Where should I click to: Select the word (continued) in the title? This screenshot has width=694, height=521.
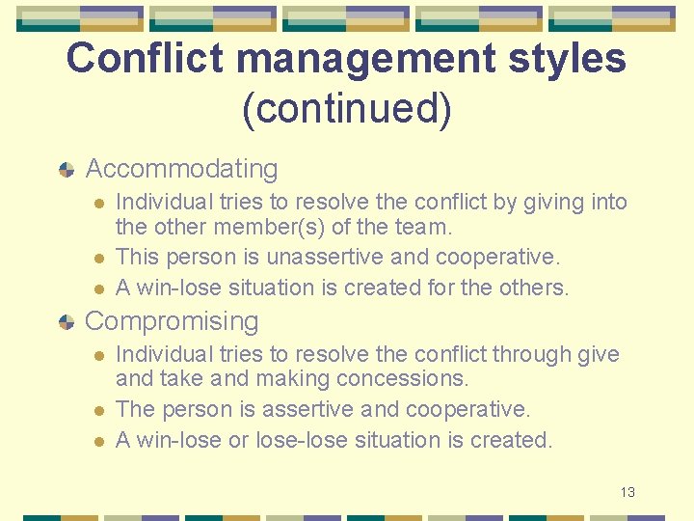click(346, 108)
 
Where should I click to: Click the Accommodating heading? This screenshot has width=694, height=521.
click(181, 169)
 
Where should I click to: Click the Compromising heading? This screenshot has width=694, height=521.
click(172, 321)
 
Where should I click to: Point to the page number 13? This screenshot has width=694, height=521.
click(627, 492)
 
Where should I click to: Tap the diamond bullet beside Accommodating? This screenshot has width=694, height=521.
click(66, 170)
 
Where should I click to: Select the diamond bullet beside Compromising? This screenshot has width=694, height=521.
click(66, 322)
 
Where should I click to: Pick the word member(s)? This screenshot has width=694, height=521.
click(275, 229)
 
